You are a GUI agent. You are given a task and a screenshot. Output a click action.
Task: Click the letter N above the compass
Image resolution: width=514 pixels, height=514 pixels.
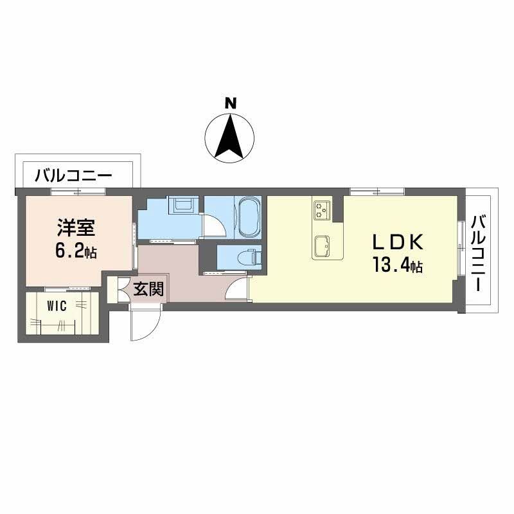[x=229, y=103]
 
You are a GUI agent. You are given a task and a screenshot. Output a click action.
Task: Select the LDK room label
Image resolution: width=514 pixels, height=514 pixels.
[x=398, y=242]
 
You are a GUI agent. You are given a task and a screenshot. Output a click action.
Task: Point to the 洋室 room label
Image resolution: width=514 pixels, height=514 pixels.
[x=76, y=228]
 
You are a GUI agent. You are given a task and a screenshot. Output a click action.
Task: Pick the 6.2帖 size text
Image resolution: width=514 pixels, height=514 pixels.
[x=76, y=251]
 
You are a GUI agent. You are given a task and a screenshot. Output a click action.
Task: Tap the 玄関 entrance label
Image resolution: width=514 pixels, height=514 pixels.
[x=148, y=290]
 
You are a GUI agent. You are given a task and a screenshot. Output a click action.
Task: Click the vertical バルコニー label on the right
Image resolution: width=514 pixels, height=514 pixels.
[x=477, y=254]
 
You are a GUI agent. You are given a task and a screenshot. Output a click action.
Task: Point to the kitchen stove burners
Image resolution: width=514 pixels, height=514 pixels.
[x=322, y=209]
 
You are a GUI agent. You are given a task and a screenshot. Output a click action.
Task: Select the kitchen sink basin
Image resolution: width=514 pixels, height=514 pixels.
[x=322, y=244]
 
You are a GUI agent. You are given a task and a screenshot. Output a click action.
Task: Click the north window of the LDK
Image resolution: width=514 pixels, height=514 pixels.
[x=377, y=191]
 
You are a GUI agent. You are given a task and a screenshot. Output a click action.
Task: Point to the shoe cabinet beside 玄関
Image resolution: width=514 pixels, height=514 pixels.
[x=120, y=290]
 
